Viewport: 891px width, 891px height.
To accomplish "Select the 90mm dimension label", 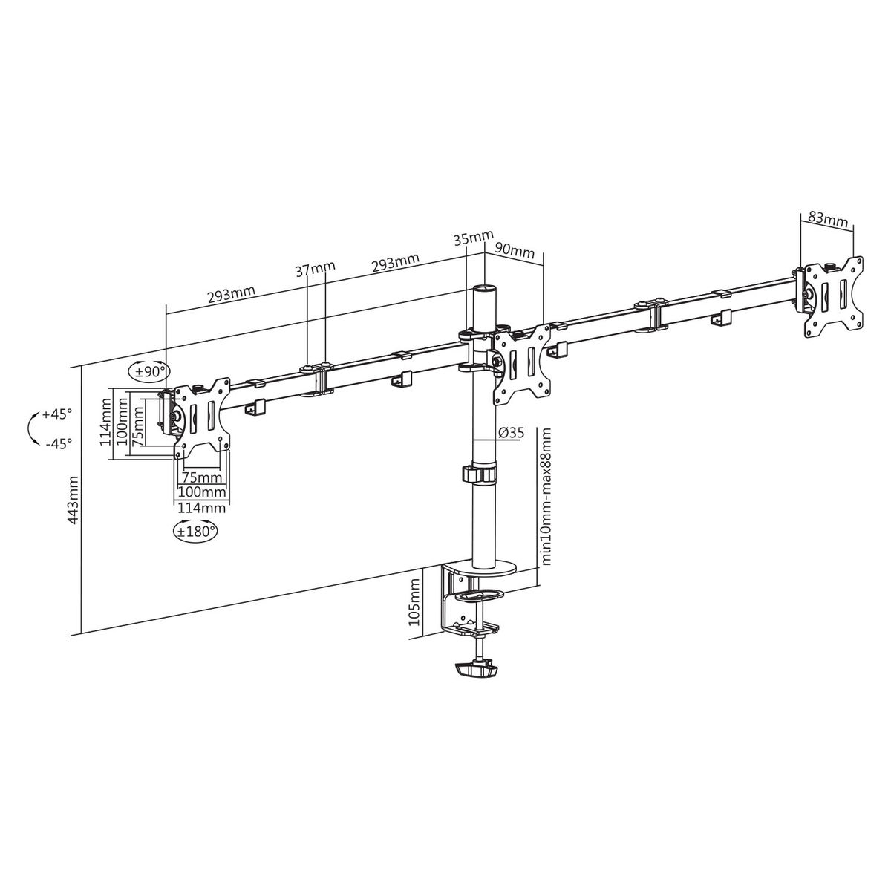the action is coord(515,251).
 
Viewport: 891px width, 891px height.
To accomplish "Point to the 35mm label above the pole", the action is coord(474,239).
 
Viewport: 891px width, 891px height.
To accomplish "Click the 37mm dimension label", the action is coord(316,269).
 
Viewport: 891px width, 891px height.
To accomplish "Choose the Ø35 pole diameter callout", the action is coord(512,433).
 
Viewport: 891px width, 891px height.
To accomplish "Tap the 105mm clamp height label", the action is coord(414,602).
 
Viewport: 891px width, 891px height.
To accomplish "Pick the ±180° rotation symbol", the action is coord(195,531).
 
